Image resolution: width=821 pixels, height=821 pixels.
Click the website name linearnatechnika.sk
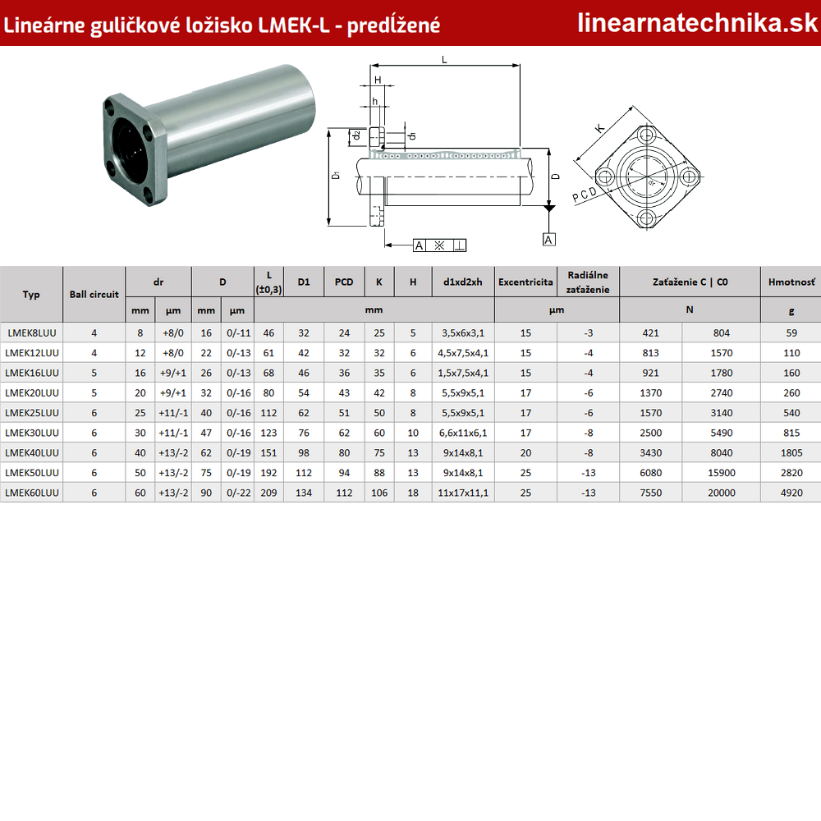[x=697, y=23]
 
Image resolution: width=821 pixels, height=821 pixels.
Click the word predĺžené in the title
[x=393, y=25]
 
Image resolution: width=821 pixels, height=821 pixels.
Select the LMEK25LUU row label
[x=32, y=413]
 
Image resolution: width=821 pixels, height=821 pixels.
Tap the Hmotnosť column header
[x=791, y=282]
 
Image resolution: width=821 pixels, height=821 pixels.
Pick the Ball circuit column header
[x=94, y=294]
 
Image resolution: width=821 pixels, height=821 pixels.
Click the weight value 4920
[x=791, y=493]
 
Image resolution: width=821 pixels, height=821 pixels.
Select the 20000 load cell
[x=722, y=493]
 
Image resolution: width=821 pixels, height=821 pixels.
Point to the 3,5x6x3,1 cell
[x=463, y=333]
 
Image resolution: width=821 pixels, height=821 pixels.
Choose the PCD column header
[x=344, y=282]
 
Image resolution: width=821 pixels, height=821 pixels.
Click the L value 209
[x=268, y=493]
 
